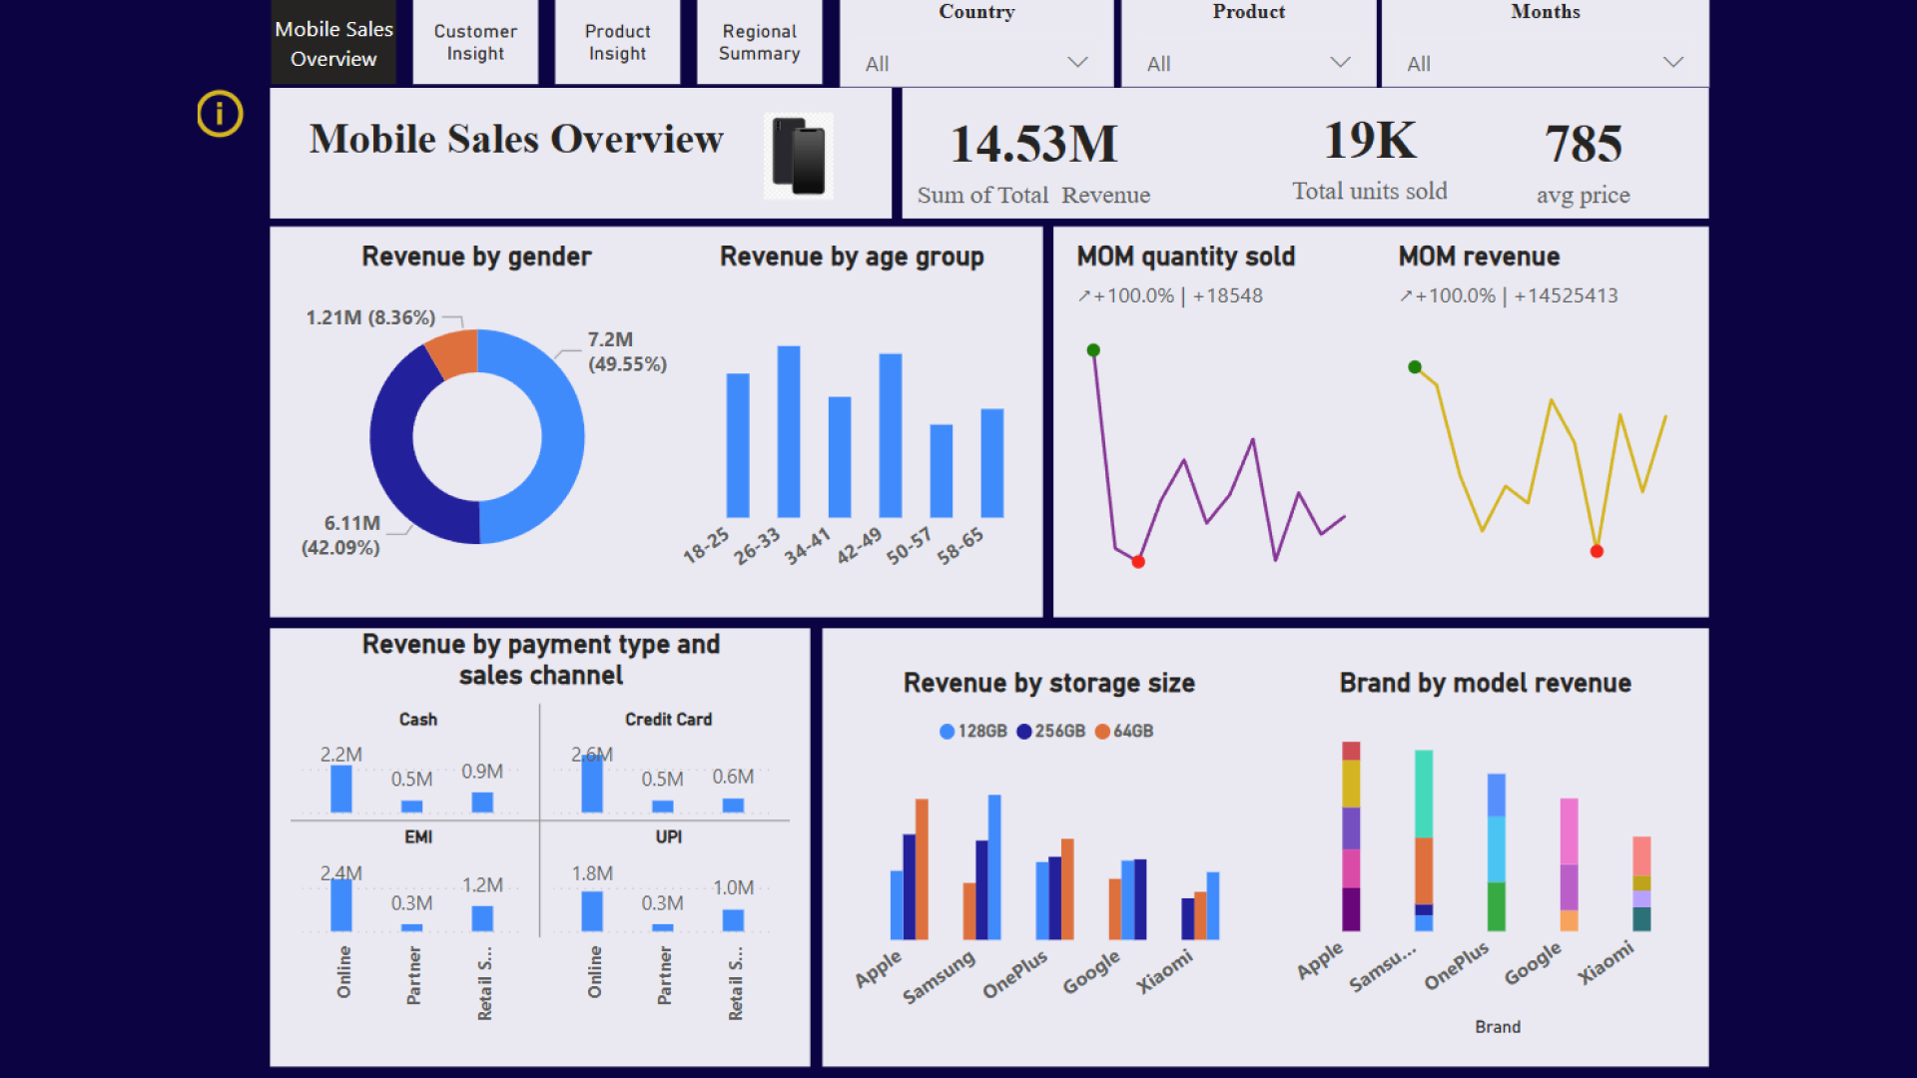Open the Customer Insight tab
pyautogui.click(x=475, y=43)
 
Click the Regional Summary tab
pyautogui.click(x=759, y=43)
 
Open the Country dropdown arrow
pyautogui.click(x=1077, y=62)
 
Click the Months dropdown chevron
pyautogui.click(x=1672, y=62)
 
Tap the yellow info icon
pyautogui.click(x=220, y=114)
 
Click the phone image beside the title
pyautogui.click(x=799, y=156)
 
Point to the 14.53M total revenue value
pyautogui.click(x=1033, y=144)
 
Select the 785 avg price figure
pyautogui.click(x=1583, y=144)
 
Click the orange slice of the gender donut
pyautogui.click(x=452, y=353)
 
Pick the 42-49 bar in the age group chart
pyautogui.click(x=890, y=435)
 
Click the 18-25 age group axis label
pyautogui.click(x=706, y=545)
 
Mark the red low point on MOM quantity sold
pyautogui.click(x=1138, y=562)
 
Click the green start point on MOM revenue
pyautogui.click(x=1415, y=367)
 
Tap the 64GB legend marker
pyautogui.click(x=1102, y=732)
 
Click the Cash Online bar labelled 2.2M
pyautogui.click(x=341, y=789)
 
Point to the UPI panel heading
pyautogui.click(x=668, y=836)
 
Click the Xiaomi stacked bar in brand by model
pyautogui.click(x=1641, y=883)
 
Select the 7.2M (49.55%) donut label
pyautogui.click(x=626, y=351)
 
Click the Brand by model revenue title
pyautogui.click(x=1485, y=683)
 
